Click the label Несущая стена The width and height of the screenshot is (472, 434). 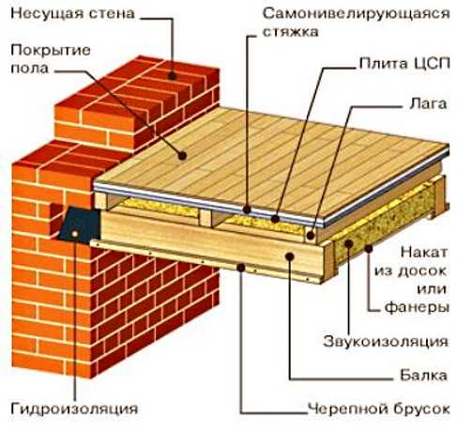[x=72, y=14]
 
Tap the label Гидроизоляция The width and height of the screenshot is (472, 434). [x=74, y=409]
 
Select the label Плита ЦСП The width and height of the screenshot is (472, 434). [x=404, y=64]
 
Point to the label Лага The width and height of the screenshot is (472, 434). [x=428, y=104]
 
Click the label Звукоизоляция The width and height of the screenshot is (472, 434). [x=386, y=341]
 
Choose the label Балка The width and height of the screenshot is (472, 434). [x=423, y=375]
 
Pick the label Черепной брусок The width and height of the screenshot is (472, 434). [x=379, y=409]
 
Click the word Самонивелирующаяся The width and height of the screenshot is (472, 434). [x=356, y=14]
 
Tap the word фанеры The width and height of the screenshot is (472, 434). [x=417, y=307]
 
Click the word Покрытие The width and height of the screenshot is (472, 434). [x=51, y=50]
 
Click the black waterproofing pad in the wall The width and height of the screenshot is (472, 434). [x=81, y=224]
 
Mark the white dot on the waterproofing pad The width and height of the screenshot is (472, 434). [x=74, y=233]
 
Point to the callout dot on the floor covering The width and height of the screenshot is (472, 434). [x=182, y=155]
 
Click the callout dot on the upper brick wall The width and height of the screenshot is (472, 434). [x=172, y=76]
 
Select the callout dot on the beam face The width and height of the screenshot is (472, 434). [x=290, y=256]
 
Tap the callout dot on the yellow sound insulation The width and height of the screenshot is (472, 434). [x=349, y=244]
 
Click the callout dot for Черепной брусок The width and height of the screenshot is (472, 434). [x=241, y=267]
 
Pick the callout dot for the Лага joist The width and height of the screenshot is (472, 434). [x=311, y=236]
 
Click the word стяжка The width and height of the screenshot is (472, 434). [x=290, y=32]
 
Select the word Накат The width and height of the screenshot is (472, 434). [x=424, y=253]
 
